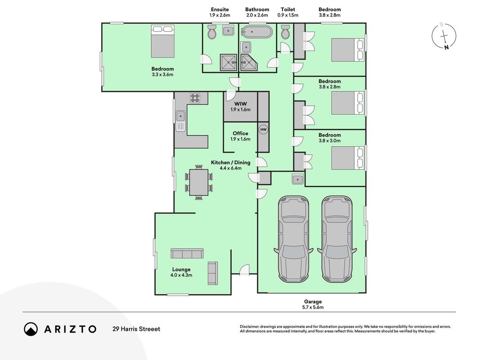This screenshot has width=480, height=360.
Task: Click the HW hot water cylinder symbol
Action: coord(263,130)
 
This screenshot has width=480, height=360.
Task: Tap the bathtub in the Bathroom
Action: coord(256,32)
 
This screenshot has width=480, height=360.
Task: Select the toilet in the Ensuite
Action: coord(212,32)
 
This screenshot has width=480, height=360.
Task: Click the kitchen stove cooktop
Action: coord(195,98)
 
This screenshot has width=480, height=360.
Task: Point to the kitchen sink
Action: coord(180,121)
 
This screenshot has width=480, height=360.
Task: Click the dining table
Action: coord(199,182)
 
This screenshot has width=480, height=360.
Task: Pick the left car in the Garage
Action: coord(294,239)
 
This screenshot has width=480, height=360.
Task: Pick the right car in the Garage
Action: coord(337,239)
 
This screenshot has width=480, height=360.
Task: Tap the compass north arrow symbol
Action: coord(444,36)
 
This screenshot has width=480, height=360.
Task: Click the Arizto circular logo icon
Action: coord(31,329)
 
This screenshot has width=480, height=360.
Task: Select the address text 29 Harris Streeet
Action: coord(136,329)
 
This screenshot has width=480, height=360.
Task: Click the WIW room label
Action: coord(240,104)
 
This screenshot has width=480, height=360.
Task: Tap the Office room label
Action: coord(240,134)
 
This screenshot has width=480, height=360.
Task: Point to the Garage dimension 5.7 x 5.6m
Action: coord(313,307)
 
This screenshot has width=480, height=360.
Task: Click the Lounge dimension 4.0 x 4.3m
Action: coord(181,275)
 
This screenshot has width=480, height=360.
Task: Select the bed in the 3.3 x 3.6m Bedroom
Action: coord(162,41)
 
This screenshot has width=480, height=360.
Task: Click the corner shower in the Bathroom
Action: coord(249,63)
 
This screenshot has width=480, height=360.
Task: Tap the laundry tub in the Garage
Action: coord(297,179)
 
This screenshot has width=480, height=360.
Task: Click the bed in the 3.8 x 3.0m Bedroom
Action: coord(347,158)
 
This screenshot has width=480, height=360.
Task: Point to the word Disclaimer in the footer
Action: coord(250,327)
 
